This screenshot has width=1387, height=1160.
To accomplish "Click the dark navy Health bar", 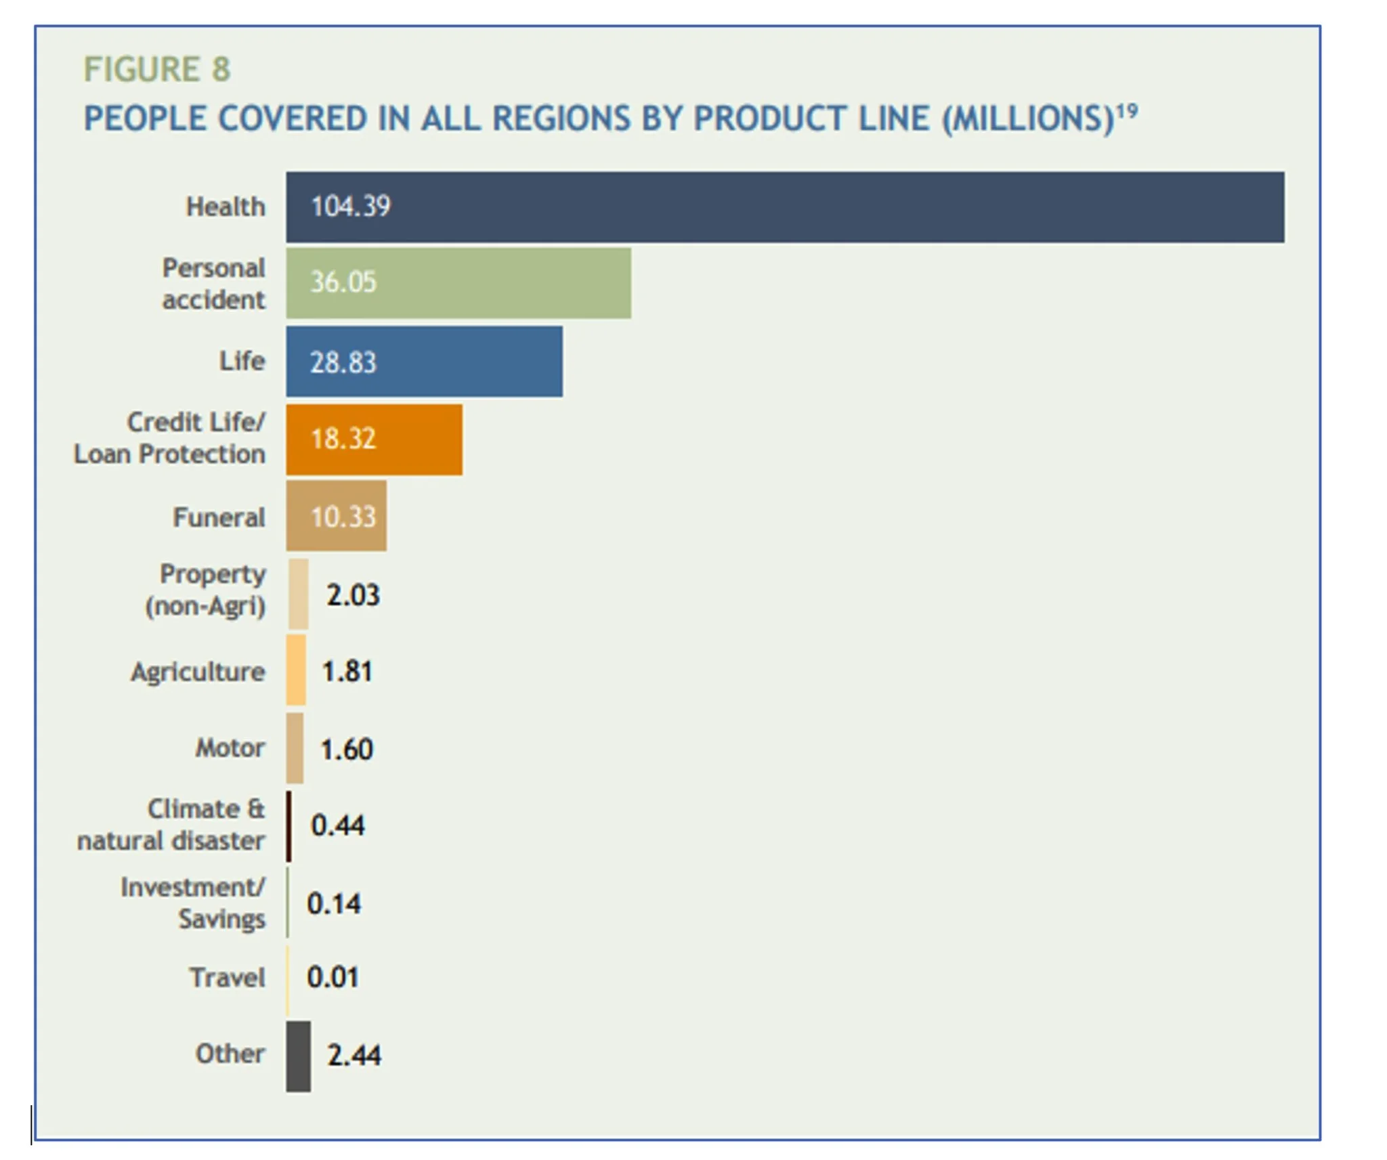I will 784,207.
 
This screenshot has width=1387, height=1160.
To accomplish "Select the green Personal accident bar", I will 458,283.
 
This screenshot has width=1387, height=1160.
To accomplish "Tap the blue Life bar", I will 424,362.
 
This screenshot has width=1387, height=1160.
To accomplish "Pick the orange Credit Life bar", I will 374,439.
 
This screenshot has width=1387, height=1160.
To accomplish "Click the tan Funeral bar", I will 336,516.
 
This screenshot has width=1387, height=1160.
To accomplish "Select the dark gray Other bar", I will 298,1056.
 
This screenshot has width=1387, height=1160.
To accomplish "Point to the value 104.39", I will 350,207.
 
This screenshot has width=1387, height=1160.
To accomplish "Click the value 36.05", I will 343,282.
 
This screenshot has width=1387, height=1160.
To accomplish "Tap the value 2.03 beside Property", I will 353,595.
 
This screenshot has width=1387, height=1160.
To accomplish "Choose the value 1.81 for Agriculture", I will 347,672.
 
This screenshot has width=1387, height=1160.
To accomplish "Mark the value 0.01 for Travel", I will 333,977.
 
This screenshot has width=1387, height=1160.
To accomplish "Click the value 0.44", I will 337,825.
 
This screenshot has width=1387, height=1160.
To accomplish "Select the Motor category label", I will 230,748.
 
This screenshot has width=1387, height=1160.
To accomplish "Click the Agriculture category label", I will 198,672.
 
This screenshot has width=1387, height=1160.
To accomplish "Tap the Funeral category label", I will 219,518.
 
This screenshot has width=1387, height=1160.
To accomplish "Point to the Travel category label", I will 227,978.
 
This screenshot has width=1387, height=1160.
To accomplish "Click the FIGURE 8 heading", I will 156,70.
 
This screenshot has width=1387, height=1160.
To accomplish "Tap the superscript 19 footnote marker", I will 1127,110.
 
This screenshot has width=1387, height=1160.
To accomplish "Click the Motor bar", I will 295,748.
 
